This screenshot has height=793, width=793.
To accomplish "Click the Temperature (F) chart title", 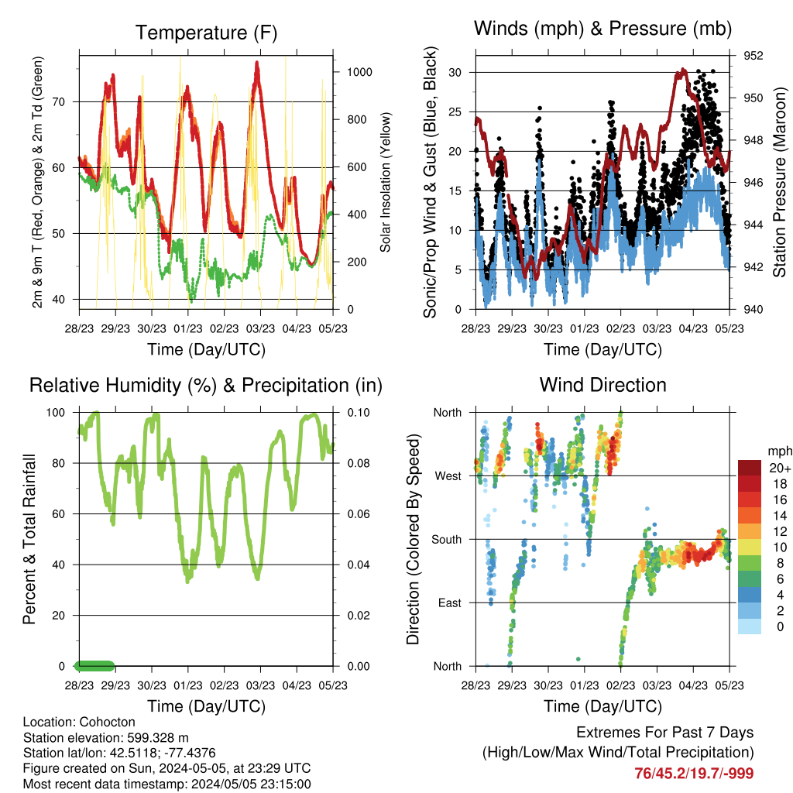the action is tap(206, 33).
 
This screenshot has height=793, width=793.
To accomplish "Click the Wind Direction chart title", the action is tap(602, 385).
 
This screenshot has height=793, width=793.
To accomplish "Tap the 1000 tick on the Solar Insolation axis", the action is tap(359, 72).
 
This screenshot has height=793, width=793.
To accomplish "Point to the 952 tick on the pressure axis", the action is tap(753, 56).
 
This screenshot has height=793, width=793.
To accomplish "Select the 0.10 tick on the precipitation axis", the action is tap(359, 413).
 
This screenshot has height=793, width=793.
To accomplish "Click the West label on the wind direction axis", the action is tap(448, 476).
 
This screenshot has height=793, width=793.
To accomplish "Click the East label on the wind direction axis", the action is tap(450, 602).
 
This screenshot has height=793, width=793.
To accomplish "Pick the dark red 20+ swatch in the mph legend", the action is tap(750, 468).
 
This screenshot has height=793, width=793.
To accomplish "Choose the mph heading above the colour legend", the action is tap(780, 451).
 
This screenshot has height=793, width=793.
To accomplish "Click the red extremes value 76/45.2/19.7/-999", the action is tap(694, 774).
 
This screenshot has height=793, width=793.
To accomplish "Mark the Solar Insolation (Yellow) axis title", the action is tap(386, 182).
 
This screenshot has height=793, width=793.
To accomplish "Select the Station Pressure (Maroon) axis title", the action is tap(779, 182).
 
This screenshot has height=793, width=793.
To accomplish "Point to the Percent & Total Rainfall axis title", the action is tap(29, 539).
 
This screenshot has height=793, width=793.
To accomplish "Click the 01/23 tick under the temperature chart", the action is tap(188, 328).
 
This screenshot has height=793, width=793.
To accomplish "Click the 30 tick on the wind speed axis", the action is tap(455, 72).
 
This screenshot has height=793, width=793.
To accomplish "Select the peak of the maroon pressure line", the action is tap(683, 70).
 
